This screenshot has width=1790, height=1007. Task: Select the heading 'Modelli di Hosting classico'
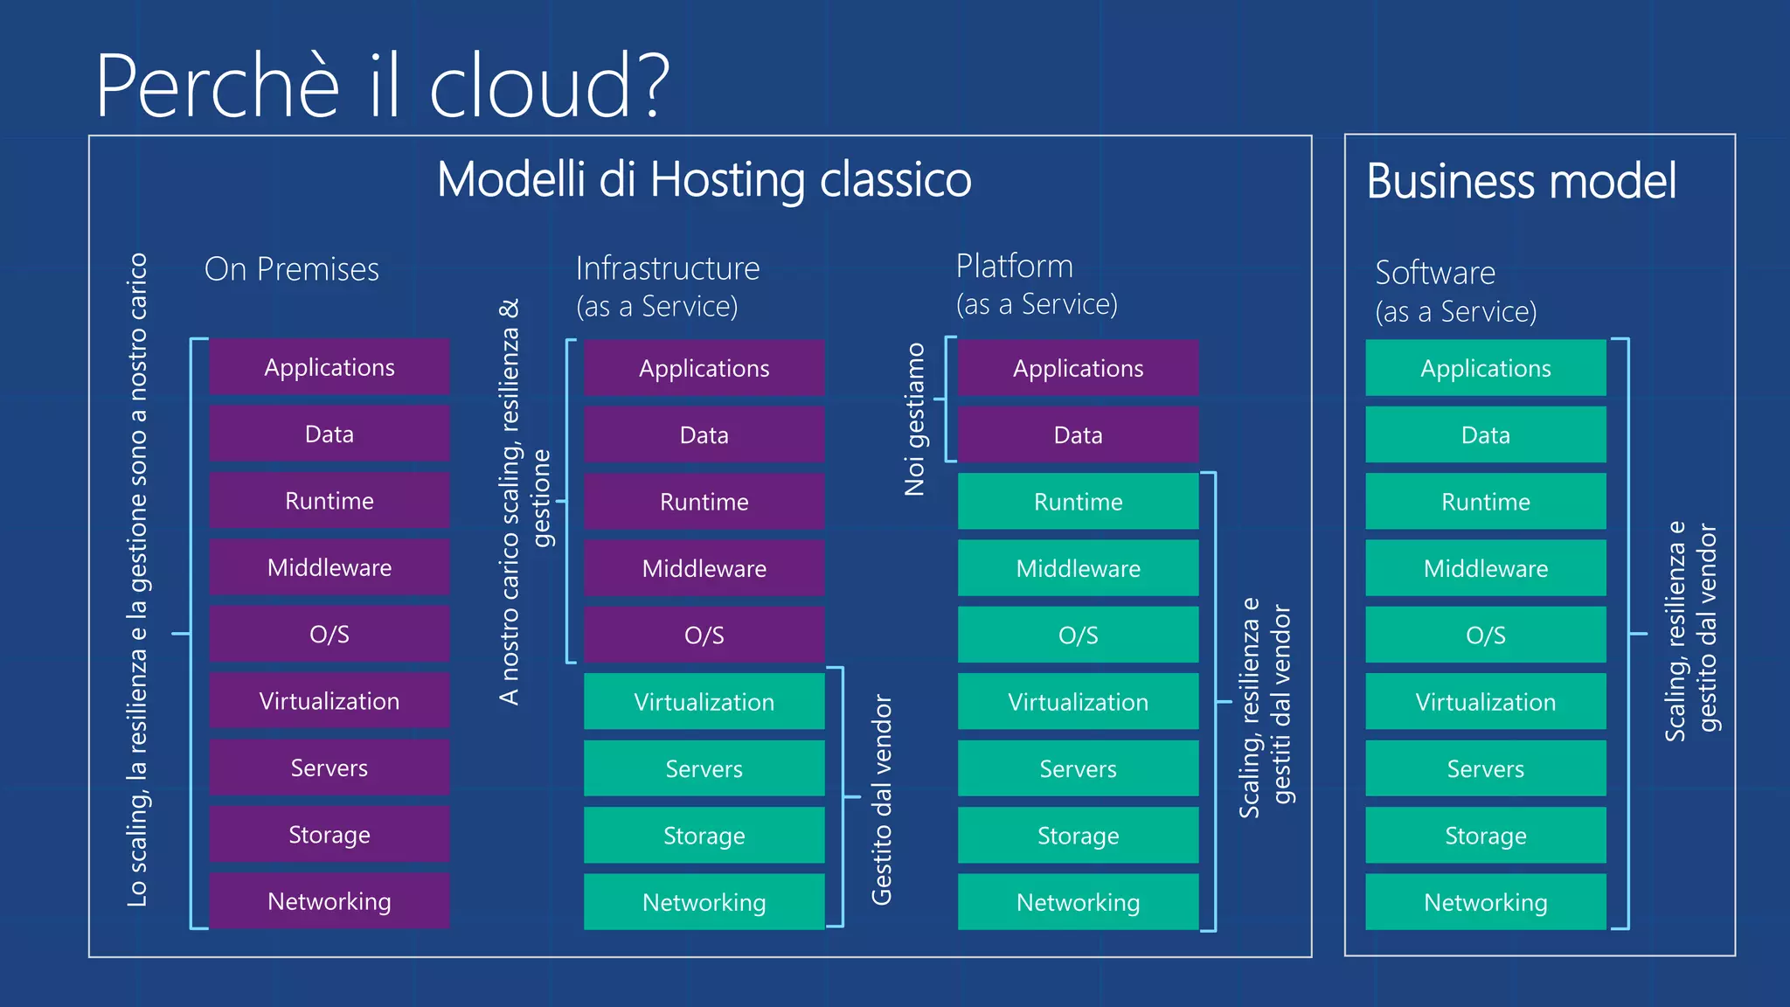click(704, 180)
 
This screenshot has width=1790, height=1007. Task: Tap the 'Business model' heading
click(1521, 182)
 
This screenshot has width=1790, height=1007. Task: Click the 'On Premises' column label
click(291, 269)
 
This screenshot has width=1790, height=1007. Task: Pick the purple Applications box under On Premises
click(330, 367)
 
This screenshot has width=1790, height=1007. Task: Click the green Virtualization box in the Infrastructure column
click(704, 702)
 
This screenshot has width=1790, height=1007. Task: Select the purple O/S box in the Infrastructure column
click(704, 635)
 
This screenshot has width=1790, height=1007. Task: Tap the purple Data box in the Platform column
click(1078, 435)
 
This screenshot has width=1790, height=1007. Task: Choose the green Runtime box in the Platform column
click(1078, 502)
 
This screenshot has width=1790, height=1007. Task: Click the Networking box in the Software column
click(1485, 902)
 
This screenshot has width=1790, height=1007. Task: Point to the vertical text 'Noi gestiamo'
click(914, 420)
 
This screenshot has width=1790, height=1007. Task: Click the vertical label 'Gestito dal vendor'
click(882, 800)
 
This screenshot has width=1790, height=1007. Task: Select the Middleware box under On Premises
click(330, 568)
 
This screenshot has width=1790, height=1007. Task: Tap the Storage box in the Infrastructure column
click(704, 836)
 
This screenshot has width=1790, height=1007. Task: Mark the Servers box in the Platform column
click(1078, 769)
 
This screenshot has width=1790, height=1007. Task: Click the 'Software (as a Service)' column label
click(1455, 291)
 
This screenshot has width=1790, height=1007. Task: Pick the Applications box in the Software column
click(1485, 368)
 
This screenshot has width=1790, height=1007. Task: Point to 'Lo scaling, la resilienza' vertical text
click(137, 580)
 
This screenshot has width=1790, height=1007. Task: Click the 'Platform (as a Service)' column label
click(1036, 285)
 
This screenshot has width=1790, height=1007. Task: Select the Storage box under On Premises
click(330, 835)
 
